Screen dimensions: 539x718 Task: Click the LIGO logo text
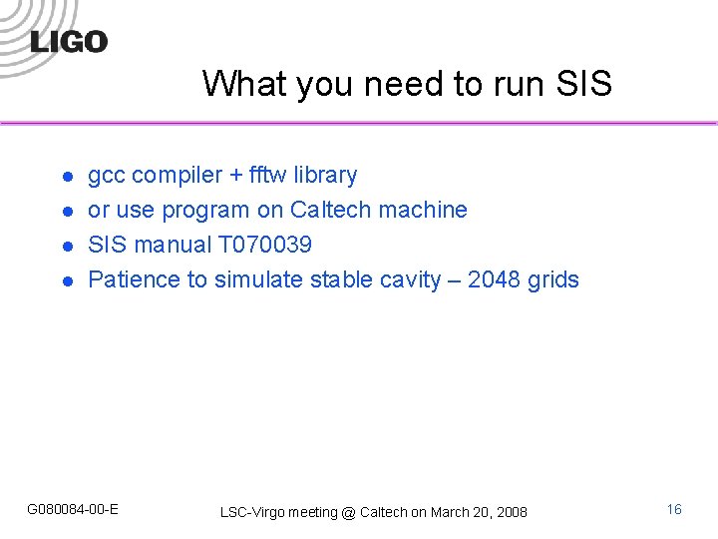click(x=69, y=42)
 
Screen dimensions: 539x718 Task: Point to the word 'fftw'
click(x=266, y=175)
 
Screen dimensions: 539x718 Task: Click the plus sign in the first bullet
click(x=235, y=176)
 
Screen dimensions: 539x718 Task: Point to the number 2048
click(x=494, y=279)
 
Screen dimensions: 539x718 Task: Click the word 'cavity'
click(x=410, y=280)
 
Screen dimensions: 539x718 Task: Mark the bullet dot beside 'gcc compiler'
click(x=67, y=177)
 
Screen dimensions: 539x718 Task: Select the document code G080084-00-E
click(x=73, y=509)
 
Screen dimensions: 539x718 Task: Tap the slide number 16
click(x=674, y=509)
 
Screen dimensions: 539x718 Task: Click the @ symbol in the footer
click(x=348, y=512)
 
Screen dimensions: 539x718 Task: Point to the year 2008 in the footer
click(x=512, y=512)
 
